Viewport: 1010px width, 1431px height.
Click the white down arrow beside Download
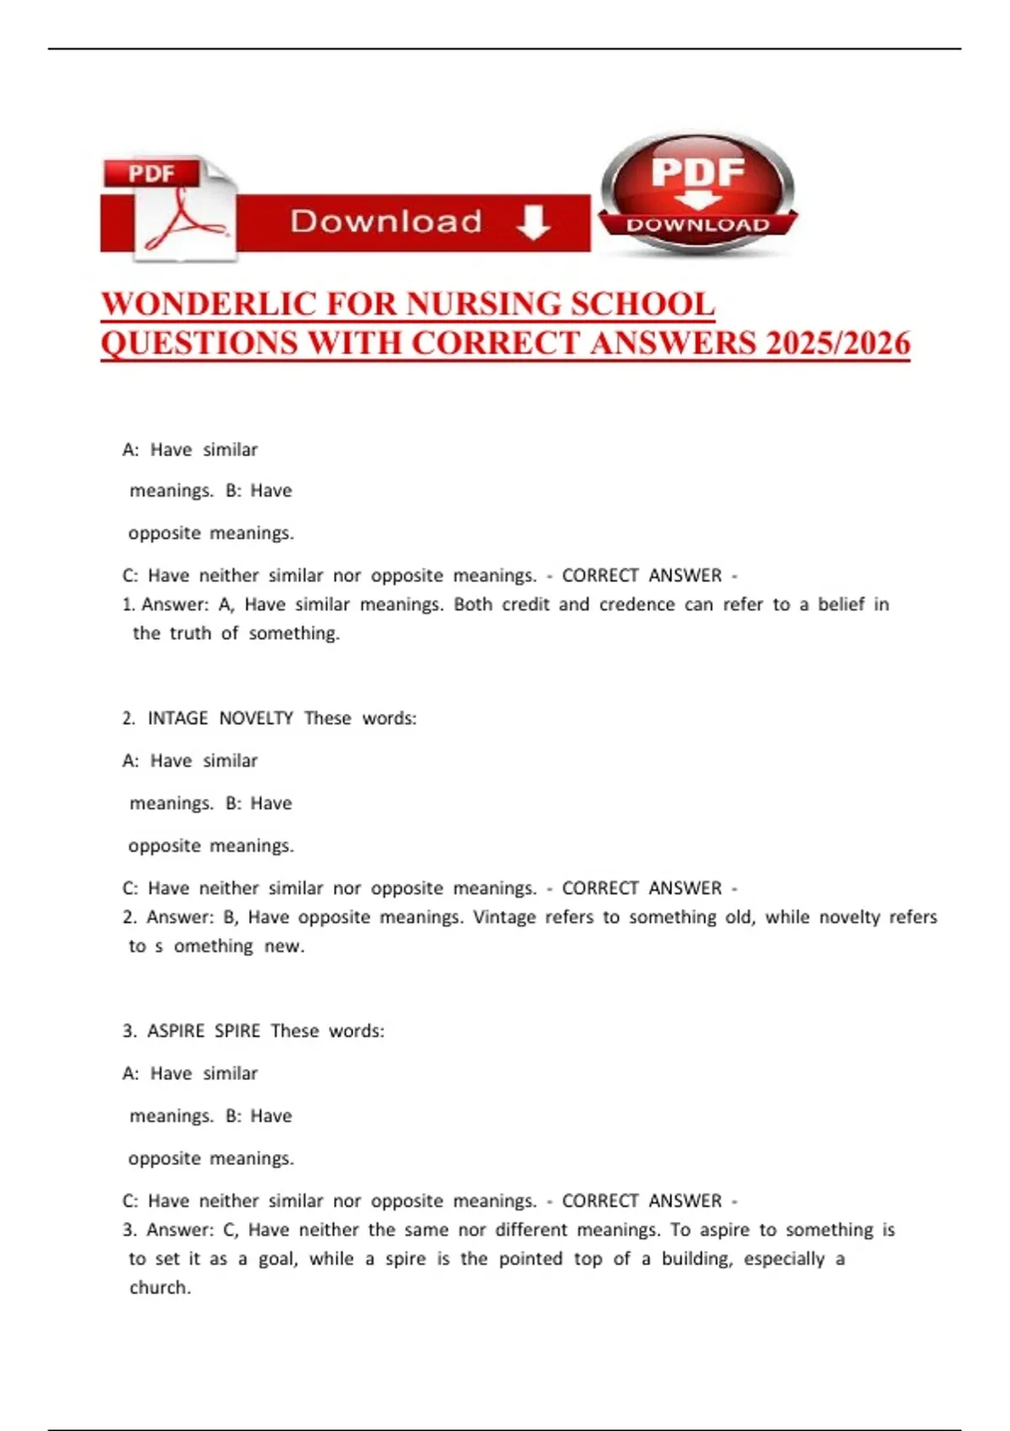click(533, 222)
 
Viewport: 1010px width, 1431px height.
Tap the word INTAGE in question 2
click(178, 718)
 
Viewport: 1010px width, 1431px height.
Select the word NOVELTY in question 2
click(256, 718)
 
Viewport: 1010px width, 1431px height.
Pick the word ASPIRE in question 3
click(176, 1031)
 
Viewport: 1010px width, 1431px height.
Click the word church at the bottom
click(159, 1288)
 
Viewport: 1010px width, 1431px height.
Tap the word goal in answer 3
click(275, 1259)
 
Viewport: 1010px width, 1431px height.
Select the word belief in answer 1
click(841, 604)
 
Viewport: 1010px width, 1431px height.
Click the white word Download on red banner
click(385, 222)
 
